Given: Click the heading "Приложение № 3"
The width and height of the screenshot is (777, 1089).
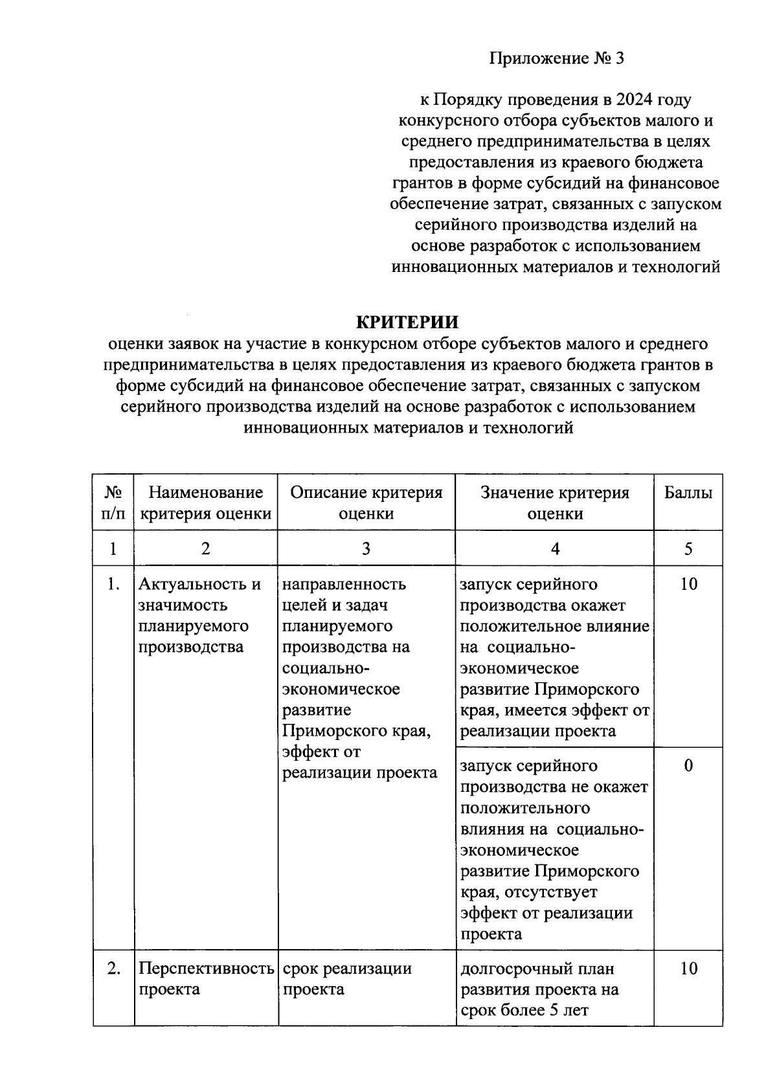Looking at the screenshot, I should coord(556,59).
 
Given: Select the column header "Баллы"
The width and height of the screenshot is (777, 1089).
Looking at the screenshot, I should coord(688,493).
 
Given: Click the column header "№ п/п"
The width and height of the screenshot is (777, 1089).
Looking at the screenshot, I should coord(113,503).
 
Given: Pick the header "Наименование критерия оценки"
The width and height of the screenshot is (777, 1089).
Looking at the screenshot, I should coord(205,503).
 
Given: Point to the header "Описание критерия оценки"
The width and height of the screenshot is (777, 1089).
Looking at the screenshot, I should coord(366,503).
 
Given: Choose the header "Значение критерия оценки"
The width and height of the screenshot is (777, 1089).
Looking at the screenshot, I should coord(554,503).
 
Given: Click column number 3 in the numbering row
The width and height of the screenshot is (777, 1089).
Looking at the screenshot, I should coord(366,549).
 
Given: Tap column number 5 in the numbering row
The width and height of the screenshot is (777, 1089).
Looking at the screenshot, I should coord(688,549).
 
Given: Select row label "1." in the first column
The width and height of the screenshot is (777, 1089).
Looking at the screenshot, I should coord(113,584).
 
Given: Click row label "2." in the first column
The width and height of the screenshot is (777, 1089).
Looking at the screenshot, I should coord(113,969).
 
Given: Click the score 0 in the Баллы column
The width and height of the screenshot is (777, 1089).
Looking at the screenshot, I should coord(688,766).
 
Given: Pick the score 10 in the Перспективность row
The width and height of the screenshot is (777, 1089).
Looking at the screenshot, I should coord(688,969).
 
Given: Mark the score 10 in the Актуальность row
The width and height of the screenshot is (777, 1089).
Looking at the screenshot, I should coord(688,584).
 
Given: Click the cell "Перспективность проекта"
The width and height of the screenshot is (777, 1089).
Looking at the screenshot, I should coord(205,979).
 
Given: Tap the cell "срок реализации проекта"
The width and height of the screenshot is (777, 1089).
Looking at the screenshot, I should coord(347,979).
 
